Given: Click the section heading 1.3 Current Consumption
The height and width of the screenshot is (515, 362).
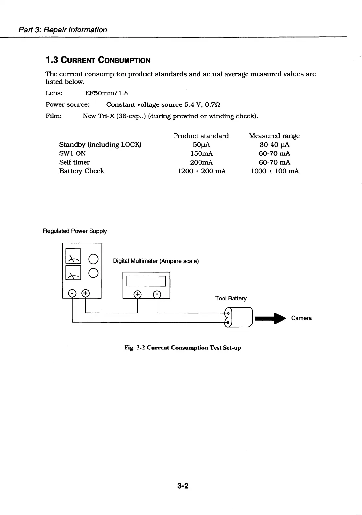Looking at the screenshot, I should pyautogui.click(x=98, y=60).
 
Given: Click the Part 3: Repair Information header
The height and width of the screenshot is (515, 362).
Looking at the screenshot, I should pyautogui.click(x=63, y=30).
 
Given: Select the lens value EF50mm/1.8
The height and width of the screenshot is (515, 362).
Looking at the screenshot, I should pyautogui.click(x=106, y=93).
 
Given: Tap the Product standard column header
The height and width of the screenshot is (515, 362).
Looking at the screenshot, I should pyautogui.click(x=201, y=136).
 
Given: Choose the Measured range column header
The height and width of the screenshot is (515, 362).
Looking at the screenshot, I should pyautogui.click(x=274, y=136).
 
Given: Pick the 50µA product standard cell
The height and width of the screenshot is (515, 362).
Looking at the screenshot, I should pyautogui.click(x=201, y=145).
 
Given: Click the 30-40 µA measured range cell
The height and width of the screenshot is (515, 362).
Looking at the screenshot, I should pyautogui.click(x=274, y=145).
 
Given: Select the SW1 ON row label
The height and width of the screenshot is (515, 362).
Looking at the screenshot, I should pyautogui.click(x=72, y=153).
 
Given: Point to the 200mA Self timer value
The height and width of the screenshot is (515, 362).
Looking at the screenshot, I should pyautogui.click(x=201, y=162).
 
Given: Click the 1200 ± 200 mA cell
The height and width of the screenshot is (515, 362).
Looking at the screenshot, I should pyautogui.click(x=201, y=171).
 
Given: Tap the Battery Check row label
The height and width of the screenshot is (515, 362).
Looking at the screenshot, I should pyautogui.click(x=81, y=171).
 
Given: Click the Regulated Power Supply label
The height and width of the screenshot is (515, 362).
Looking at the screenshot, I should pyautogui.click(x=75, y=231).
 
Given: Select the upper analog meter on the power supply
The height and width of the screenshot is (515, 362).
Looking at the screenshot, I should pyautogui.click(x=73, y=256).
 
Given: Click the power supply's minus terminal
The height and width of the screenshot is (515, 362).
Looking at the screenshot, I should pyautogui.click(x=72, y=294).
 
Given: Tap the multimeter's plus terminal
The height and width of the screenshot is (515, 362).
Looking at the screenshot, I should pyautogui.click(x=138, y=295).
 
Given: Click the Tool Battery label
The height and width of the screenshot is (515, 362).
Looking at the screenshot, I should pyautogui.click(x=231, y=298).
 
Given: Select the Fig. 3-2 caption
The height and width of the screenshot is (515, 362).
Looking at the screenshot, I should pyautogui.click(x=183, y=348).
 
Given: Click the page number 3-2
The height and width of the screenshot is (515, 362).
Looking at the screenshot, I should pyautogui.click(x=183, y=486).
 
